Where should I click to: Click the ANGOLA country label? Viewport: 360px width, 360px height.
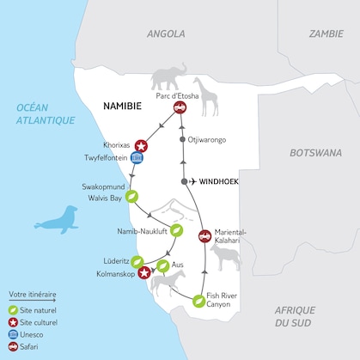166,34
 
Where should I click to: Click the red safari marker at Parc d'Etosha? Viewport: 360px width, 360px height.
180,107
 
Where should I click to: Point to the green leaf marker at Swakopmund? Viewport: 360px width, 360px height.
131,196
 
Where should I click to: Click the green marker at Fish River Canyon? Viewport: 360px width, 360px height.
199,301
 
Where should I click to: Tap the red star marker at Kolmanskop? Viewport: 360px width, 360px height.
145,273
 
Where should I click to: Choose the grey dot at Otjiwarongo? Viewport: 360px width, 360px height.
181,138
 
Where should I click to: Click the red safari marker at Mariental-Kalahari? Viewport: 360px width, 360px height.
204,236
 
